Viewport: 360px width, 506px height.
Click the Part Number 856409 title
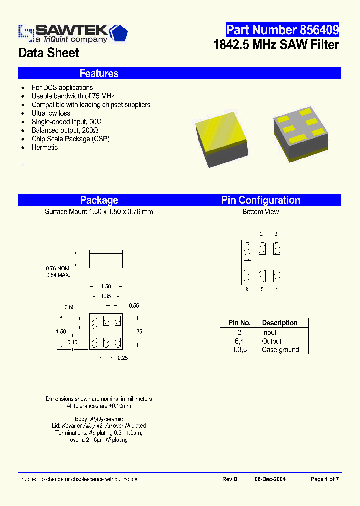(282, 30)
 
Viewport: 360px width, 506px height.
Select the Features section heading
(99, 74)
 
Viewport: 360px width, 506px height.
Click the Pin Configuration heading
(261, 200)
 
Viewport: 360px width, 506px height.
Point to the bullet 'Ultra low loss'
(51, 113)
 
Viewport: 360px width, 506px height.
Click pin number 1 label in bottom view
(247, 234)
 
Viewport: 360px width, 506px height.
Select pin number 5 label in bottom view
(262, 289)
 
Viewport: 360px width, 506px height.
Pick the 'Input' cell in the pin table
(269, 333)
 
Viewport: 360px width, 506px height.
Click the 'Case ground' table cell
(280, 350)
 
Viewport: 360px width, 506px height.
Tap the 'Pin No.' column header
(239, 323)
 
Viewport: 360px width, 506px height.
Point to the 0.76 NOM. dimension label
(58, 268)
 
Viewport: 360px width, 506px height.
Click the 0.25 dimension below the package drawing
(122, 358)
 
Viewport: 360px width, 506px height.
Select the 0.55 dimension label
(134, 305)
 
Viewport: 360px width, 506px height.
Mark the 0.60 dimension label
(69, 307)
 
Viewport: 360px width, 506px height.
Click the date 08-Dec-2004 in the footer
(270, 479)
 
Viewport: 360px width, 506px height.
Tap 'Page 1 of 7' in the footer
(325, 479)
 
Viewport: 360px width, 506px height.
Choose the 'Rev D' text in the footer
(230, 479)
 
